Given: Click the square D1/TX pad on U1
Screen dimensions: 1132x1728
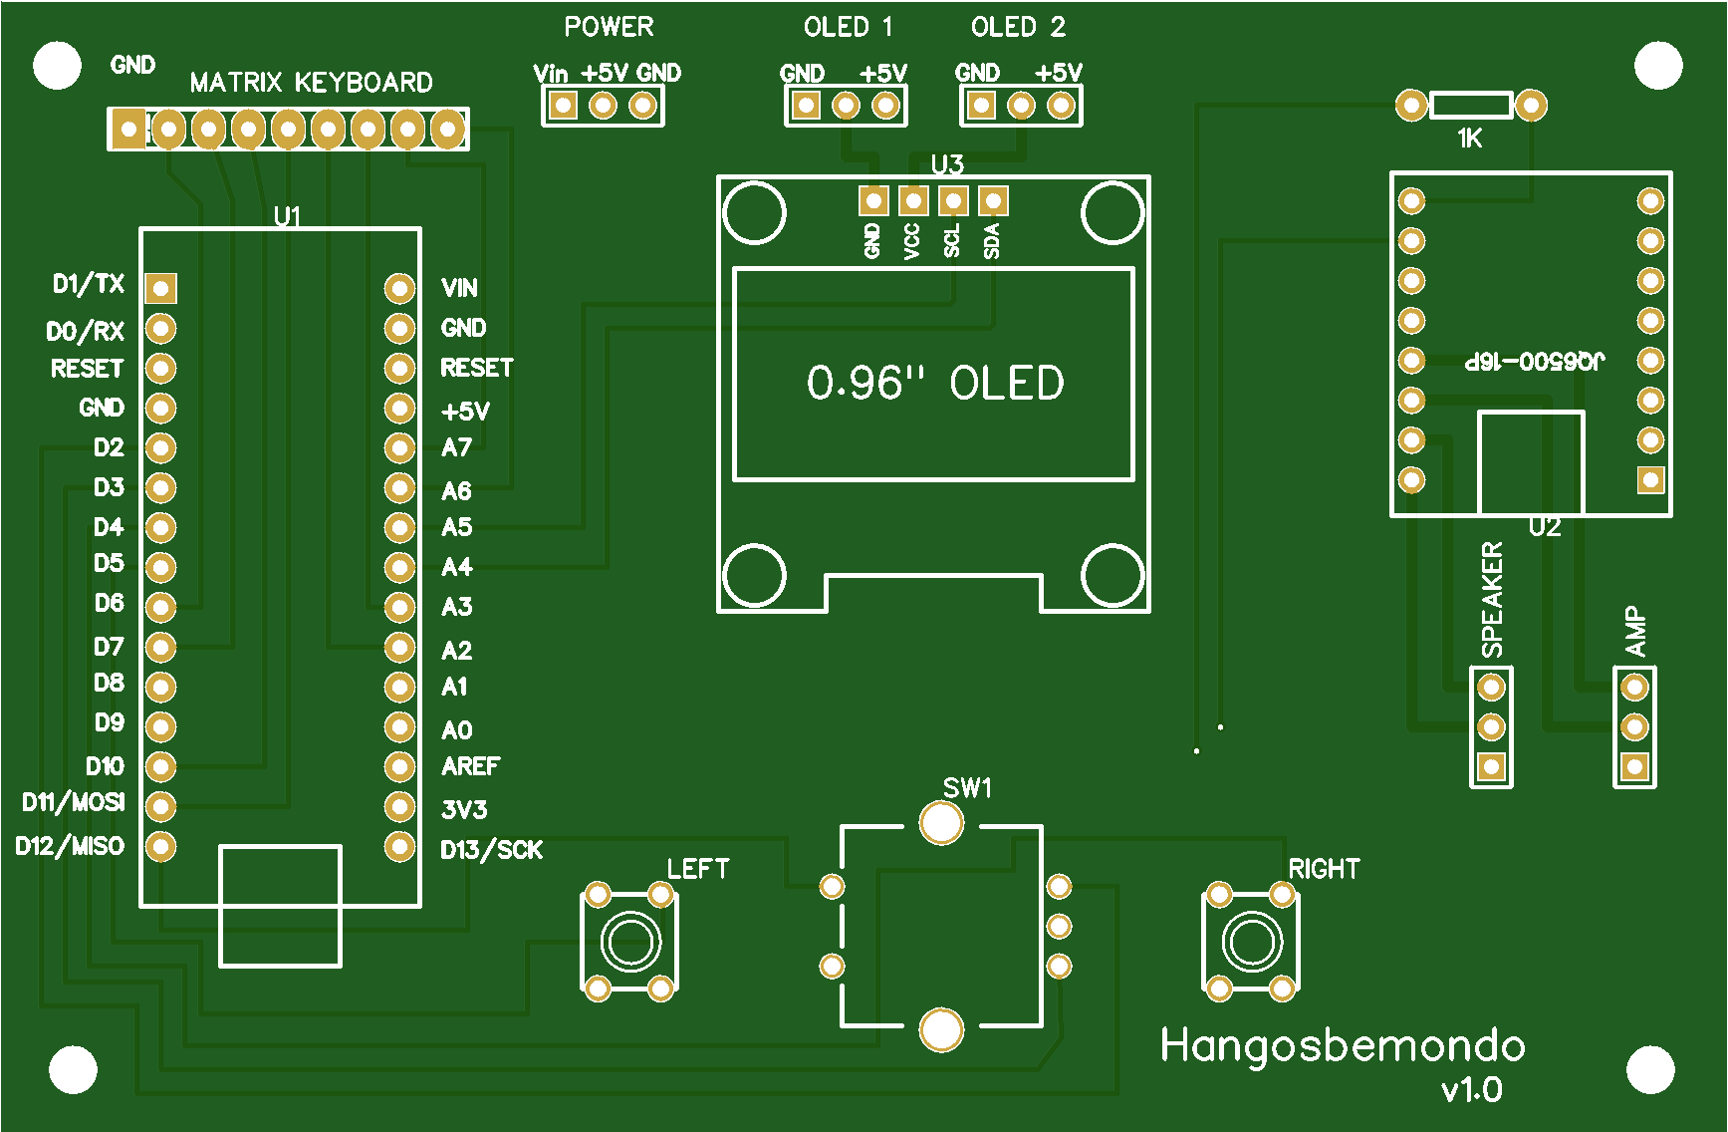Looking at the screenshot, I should [160, 288].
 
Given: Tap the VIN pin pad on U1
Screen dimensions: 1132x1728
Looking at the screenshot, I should [399, 288].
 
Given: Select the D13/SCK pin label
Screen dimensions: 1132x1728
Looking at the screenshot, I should [491, 850].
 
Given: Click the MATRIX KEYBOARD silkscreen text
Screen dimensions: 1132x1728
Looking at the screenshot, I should [311, 82].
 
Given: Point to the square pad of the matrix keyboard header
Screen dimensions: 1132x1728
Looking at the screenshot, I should [128, 129].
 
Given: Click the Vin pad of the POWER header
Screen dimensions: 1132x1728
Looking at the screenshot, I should [563, 105].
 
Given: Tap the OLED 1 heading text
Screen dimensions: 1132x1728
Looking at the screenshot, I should [848, 27].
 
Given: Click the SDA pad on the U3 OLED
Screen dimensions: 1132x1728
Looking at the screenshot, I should [992, 200].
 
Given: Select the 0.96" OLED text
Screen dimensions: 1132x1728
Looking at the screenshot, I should [934, 384].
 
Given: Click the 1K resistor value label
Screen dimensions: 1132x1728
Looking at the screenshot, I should [1470, 139].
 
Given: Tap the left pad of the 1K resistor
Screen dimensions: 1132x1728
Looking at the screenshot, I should [1411, 105].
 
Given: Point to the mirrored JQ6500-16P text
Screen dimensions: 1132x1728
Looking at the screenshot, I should [1535, 361].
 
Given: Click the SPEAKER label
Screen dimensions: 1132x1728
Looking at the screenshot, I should [1492, 600].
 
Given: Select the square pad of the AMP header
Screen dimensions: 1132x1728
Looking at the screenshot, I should [1634, 766].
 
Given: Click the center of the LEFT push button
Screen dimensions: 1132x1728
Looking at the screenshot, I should [630, 942].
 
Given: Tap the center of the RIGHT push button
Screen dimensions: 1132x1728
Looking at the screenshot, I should [1252, 942].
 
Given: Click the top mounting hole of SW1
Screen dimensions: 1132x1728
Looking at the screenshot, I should [941, 823].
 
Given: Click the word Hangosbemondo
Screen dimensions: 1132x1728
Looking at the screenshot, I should [1343, 1045].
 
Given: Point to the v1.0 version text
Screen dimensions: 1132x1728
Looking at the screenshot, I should [1472, 1090].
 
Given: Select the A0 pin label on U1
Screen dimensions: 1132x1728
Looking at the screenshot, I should [457, 730].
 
